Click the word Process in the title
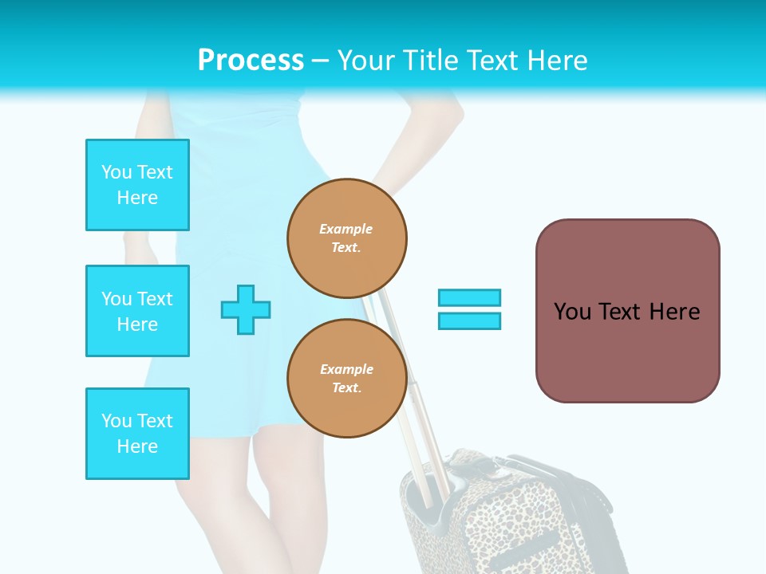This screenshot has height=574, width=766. (x=251, y=61)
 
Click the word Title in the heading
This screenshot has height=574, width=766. (x=430, y=61)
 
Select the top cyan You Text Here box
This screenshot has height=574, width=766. (x=137, y=185)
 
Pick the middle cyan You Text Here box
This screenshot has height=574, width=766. (x=137, y=311)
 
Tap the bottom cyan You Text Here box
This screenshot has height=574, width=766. (x=137, y=434)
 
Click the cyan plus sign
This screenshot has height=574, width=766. (x=246, y=310)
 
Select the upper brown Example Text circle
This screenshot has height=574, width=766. (x=347, y=238)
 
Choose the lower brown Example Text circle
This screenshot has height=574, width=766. (x=347, y=379)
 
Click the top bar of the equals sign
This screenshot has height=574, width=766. (x=469, y=297)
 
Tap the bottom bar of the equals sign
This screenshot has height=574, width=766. (x=469, y=321)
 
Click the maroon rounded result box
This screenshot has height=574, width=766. (x=627, y=311)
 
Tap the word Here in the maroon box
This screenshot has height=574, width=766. (x=674, y=312)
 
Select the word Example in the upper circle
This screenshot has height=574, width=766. (x=345, y=230)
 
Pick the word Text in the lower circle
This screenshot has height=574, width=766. (x=345, y=388)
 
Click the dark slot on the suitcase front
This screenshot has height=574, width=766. (x=527, y=550)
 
